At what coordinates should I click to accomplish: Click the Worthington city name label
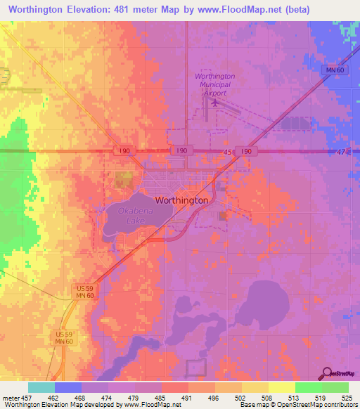click(x=181, y=200)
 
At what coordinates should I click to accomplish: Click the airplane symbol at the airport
click(x=213, y=103)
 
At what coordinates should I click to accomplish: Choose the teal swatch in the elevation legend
click(x=41, y=387)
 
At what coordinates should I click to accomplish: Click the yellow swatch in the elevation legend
click(x=281, y=387)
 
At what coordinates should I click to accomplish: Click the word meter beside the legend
click(x=11, y=397)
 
